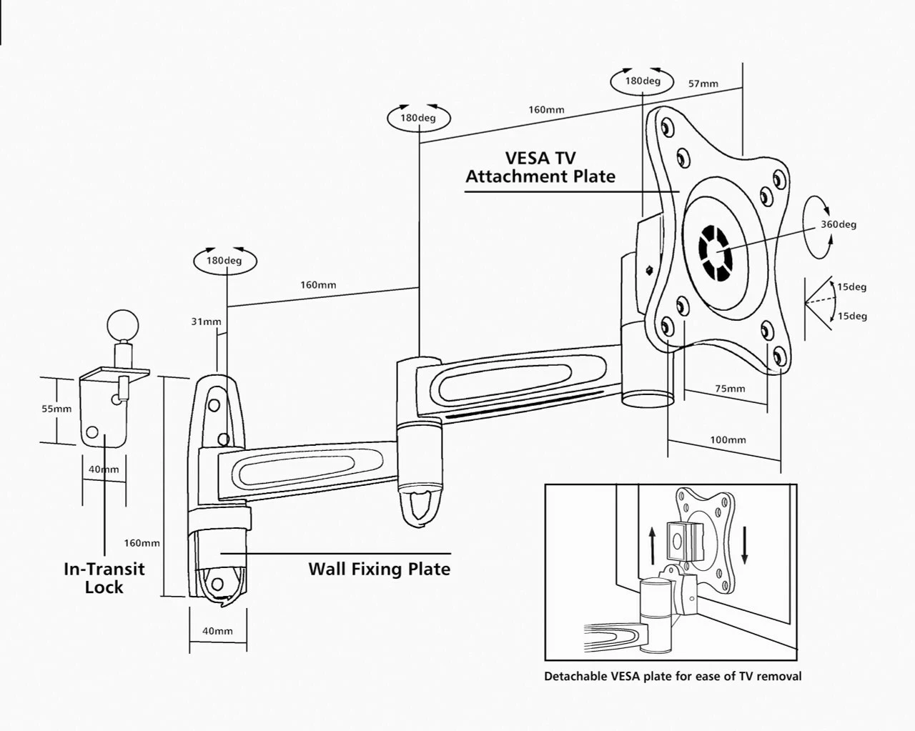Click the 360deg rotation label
point(838,224)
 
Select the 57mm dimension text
point(703,84)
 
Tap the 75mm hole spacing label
point(730,389)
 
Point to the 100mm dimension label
point(728,440)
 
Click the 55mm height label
point(56,409)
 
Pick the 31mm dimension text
point(206,322)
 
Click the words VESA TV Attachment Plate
point(540,167)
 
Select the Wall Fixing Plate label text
point(379,570)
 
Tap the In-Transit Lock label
point(104,578)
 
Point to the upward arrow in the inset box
point(652,545)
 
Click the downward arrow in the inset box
point(745,545)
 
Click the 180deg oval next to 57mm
point(643,81)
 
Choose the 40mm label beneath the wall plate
point(217,631)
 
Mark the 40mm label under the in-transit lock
point(104,469)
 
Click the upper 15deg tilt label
point(852,287)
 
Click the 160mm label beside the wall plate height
point(142,543)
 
